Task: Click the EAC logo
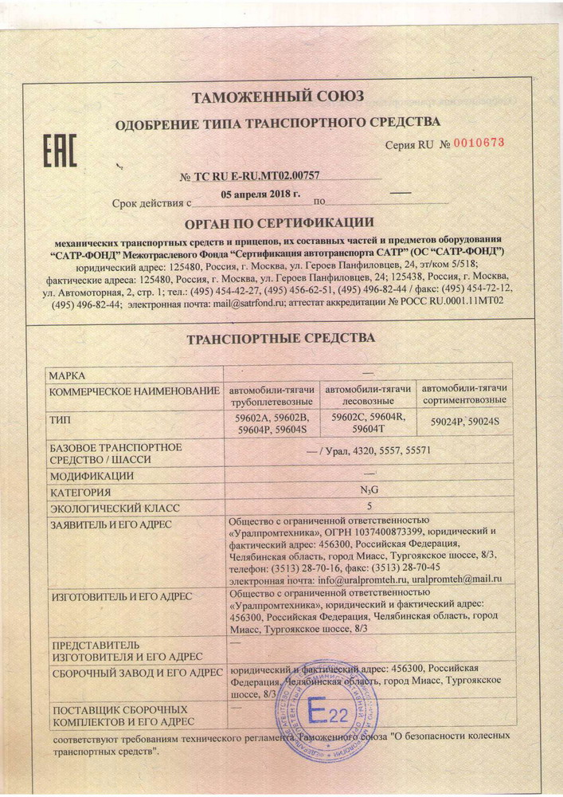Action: [x=60, y=150]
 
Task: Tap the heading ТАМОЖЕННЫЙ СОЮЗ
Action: [x=278, y=97]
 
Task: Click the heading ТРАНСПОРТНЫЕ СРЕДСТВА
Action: [x=280, y=338]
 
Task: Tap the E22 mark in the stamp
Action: [x=327, y=710]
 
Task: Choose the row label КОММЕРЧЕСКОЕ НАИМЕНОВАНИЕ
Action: [x=134, y=391]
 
